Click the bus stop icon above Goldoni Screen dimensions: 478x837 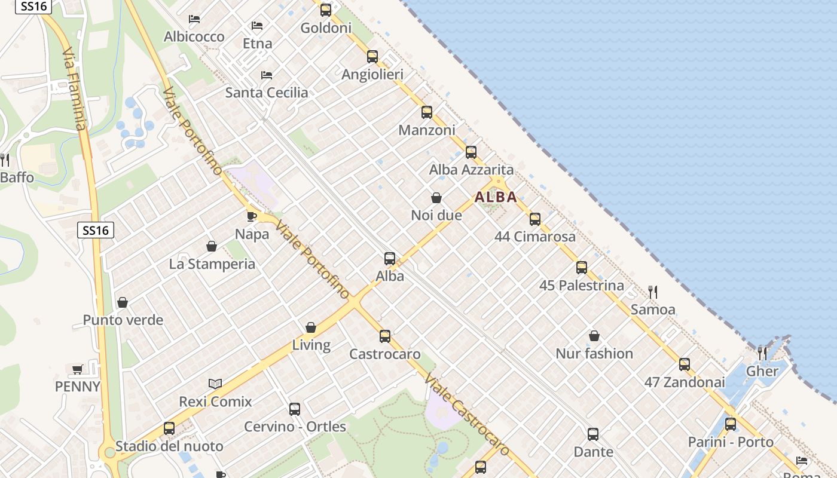(x=326, y=10)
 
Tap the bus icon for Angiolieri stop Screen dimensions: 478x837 (x=372, y=57)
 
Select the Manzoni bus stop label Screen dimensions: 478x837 (x=427, y=130)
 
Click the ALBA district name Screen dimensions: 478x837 (x=496, y=197)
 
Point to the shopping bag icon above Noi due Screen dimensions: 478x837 (x=436, y=198)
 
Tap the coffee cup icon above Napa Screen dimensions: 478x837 (x=252, y=216)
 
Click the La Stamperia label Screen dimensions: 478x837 (x=212, y=263)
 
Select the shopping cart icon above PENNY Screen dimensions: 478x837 (x=77, y=369)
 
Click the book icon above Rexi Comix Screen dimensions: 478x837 (x=215, y=384)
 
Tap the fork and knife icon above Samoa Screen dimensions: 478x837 (x=653, y=292)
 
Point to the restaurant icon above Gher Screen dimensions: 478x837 (x=762, y=353)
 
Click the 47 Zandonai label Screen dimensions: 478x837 (x=685, y=382)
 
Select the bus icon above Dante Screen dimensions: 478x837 (x=593, y=434)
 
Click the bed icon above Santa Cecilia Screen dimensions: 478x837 (x=267, y=75)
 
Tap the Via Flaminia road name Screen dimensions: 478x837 (x=75, y=90)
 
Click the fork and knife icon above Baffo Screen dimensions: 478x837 (x=5, y=160)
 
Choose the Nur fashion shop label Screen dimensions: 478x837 (x=594, y=353)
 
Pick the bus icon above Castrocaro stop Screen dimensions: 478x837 (x=385, y=336)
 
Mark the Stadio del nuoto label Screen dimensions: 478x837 (x=169, y=446)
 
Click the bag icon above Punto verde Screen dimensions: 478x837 (x=123, y=302)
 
